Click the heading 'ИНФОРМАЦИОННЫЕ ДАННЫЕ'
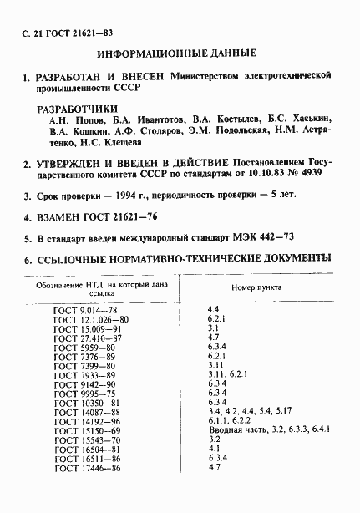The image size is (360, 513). click(x=177, y=53)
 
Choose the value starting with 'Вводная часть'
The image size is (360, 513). click(x=267, y=430)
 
